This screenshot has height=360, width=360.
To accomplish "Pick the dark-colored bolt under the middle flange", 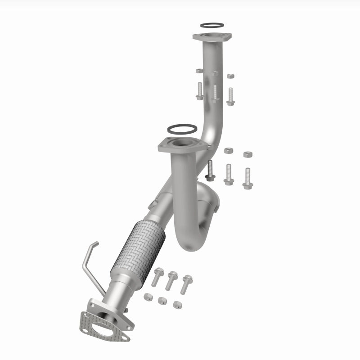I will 210,171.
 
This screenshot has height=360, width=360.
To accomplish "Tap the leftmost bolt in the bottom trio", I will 157,276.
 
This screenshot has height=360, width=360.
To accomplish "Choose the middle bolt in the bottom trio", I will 171,279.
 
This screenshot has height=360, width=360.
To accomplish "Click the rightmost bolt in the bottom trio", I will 186,283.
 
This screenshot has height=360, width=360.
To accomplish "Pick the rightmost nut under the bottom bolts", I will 177,305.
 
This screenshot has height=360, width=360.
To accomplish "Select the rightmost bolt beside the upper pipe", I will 230,96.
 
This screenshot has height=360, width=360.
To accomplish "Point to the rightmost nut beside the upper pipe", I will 230,76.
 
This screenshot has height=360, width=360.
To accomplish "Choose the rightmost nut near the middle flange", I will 247,154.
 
